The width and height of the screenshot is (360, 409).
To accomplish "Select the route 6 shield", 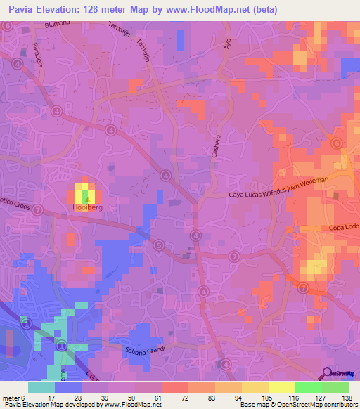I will pos(336,143).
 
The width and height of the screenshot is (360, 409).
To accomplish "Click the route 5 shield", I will pos(160,245).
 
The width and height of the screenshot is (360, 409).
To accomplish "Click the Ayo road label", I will pos(227,43).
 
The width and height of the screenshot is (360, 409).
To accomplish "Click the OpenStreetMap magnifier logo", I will pos(327,372).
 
